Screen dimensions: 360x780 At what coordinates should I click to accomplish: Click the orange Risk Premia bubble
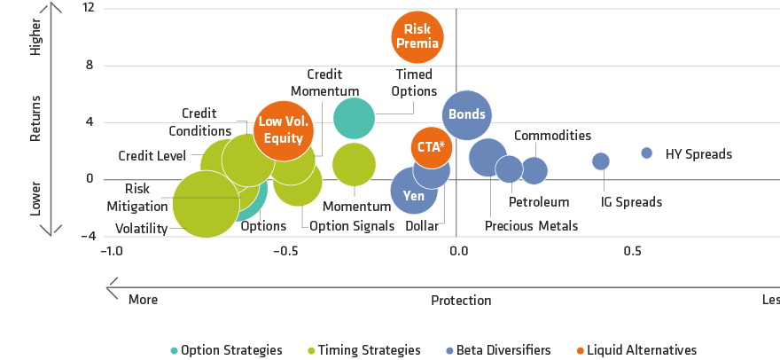[416, 36]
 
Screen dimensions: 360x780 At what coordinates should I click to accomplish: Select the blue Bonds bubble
[466, 113]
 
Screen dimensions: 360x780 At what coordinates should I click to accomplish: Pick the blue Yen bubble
[413, 192]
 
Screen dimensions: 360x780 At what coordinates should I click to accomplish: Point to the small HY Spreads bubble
[647, 153]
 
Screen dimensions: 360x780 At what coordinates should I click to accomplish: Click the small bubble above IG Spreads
[601, 161]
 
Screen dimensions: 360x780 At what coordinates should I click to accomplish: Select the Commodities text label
[552, 136]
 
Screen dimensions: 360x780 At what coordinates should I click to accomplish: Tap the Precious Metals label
[531, 226]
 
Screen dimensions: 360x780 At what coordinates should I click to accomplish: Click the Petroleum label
[539, 202]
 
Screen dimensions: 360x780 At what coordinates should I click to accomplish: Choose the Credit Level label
[152, 156]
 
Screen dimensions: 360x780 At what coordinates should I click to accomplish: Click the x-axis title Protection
[461, 301]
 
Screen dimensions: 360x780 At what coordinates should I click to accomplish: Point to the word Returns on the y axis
[35, 118]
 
